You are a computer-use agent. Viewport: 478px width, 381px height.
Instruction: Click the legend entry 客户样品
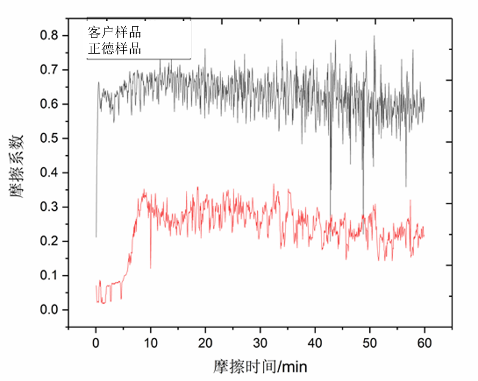coord(115,32)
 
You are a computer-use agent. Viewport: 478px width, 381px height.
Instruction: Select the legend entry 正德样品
coord(115,48)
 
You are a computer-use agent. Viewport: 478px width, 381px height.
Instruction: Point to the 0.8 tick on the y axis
coord(50,36)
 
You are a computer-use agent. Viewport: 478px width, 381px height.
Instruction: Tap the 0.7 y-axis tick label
coord(50,70)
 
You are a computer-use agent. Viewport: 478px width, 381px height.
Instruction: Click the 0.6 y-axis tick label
coord(50,105)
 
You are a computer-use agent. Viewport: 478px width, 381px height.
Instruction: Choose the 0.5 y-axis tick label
coord(50,139)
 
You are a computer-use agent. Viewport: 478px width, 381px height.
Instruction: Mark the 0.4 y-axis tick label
coord(50,173)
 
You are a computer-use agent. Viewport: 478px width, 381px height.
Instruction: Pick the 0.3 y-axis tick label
coord(50,207)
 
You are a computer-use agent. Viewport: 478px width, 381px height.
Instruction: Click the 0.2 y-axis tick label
coord(50,241)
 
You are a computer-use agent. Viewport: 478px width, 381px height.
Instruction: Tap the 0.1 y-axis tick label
coord(50,276)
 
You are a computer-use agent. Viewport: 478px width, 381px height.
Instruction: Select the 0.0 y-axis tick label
coord(50,310)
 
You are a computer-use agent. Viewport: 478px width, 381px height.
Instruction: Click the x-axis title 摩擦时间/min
coord(260,365)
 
